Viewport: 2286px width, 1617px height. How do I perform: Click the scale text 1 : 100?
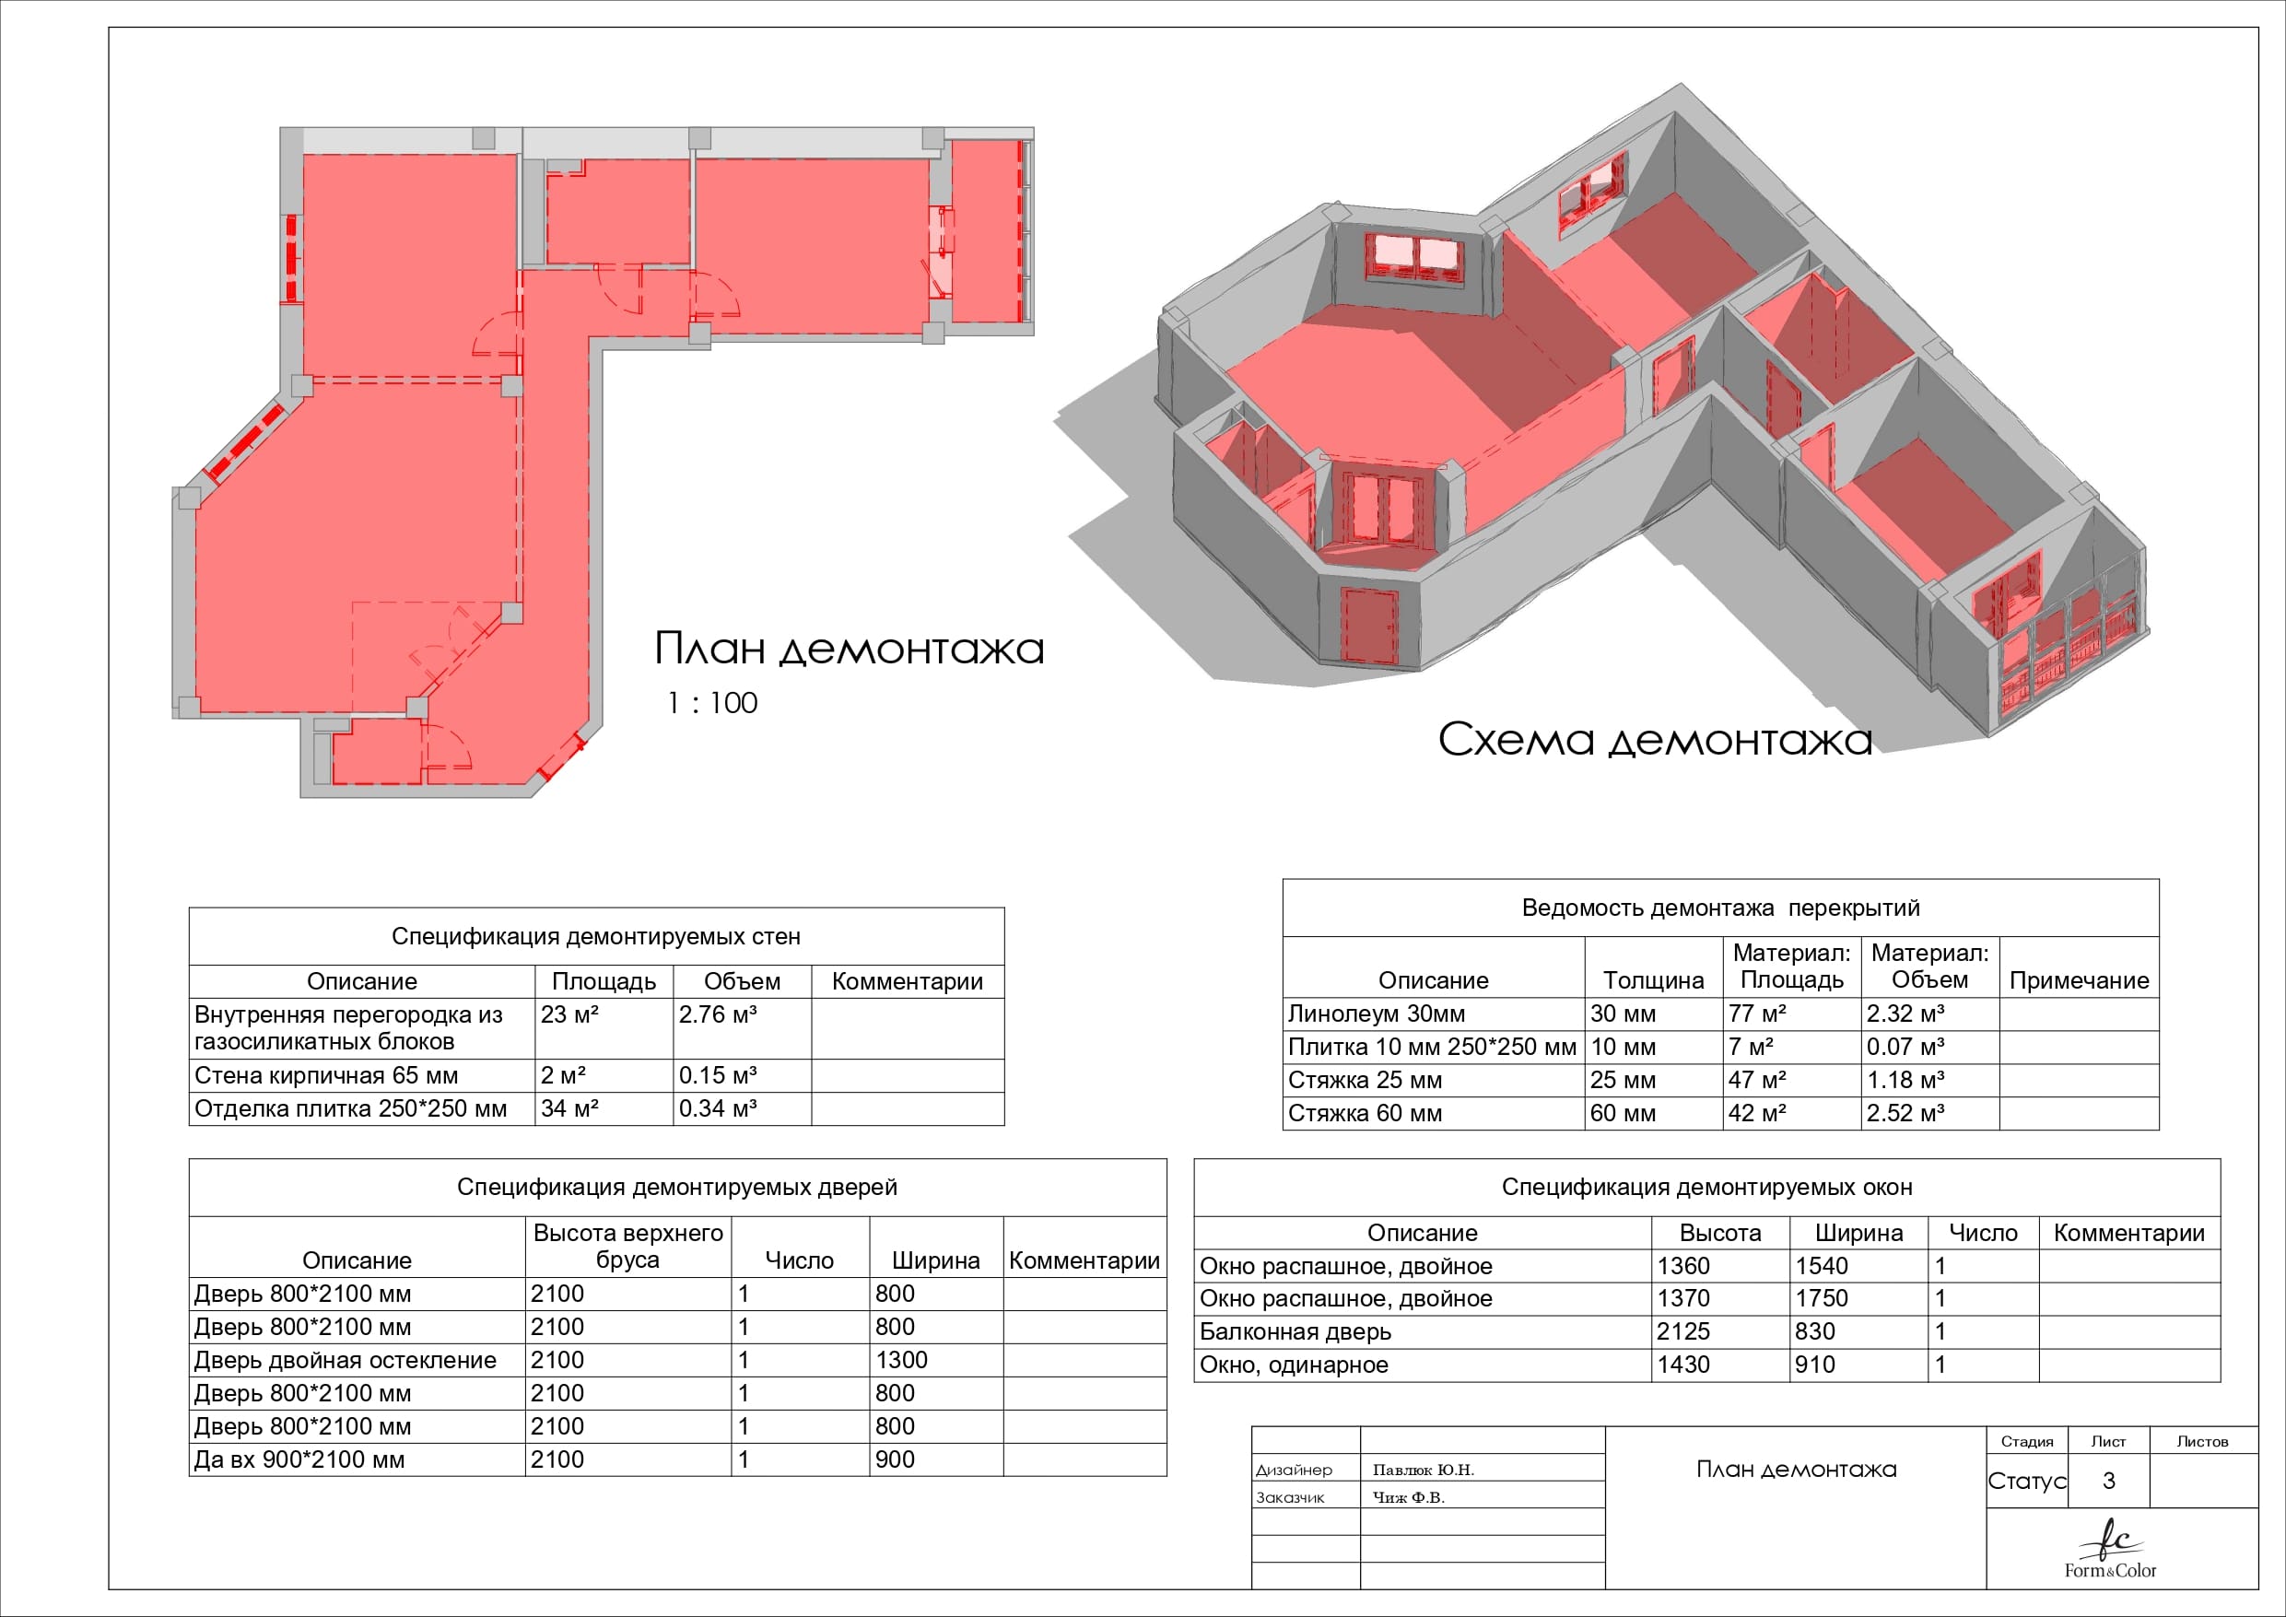[x=712, y=703]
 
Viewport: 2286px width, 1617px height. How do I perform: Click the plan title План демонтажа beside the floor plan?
[x=850, y=649]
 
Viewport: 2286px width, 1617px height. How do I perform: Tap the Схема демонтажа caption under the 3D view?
[x=1655, y=740]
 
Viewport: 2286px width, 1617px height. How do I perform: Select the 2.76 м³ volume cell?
[x=718, y=1014]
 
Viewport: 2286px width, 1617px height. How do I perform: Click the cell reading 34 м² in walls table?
[x=569, y=1108]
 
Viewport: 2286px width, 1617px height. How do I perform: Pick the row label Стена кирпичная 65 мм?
[x=325, y=1075]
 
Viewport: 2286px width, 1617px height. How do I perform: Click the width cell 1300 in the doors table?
[x=901, y=1360]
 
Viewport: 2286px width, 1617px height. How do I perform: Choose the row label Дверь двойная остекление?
[x=345, y=1360]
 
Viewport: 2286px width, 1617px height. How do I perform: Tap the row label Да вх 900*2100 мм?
[x=299, y=1459]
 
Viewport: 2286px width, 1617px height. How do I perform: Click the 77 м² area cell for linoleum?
[x=1757, y=1014]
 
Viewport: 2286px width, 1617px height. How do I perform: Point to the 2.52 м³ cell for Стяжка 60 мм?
[x=1905, y=1113]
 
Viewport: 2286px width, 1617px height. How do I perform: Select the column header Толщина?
[x=1653, y=980]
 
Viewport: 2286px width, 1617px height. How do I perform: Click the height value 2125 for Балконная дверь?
[x=1683, y=1331]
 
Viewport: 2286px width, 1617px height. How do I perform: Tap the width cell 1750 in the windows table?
[x=1821, y=1298]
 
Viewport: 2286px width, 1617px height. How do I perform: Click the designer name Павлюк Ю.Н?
[x=1423, y=1470]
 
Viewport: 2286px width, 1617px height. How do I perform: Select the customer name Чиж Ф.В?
[x=1408, y=1497]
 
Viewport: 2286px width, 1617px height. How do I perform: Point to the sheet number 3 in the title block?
[x=2109, y=1481]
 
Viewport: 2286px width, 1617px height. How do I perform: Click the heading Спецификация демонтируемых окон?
[x=1706, y=1187]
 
